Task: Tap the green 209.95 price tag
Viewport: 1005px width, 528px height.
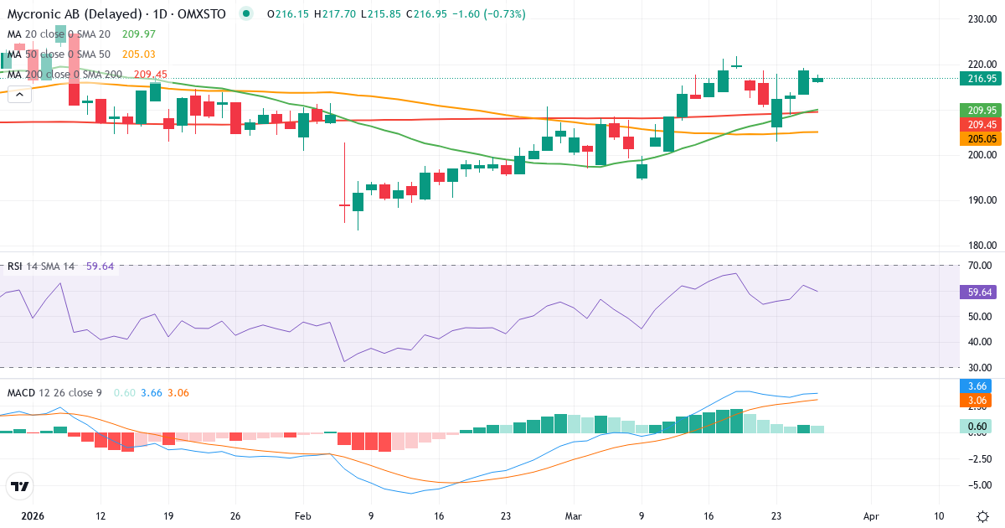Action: pos(978,110)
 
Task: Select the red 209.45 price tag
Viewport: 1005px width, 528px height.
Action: pos(978,124)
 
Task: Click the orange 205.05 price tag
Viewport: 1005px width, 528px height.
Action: pos(978,138)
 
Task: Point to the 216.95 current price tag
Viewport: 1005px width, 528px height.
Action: pos(978,79)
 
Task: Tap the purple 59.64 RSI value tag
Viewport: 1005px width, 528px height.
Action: pos(978,292)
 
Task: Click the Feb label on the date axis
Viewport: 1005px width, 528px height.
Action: pos(302,515)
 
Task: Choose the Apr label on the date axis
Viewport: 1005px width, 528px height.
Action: pos(871,515)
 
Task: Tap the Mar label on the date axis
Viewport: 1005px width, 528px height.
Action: pos(574,515)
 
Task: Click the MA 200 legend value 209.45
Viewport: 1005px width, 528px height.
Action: pos(150,75)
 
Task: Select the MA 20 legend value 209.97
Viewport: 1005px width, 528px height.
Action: pos(138,34)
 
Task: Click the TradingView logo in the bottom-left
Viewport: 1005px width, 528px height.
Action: pos(20,485)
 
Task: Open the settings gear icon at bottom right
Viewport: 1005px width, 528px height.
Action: pos(982,515)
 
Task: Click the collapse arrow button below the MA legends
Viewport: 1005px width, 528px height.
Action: pos(19,94)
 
